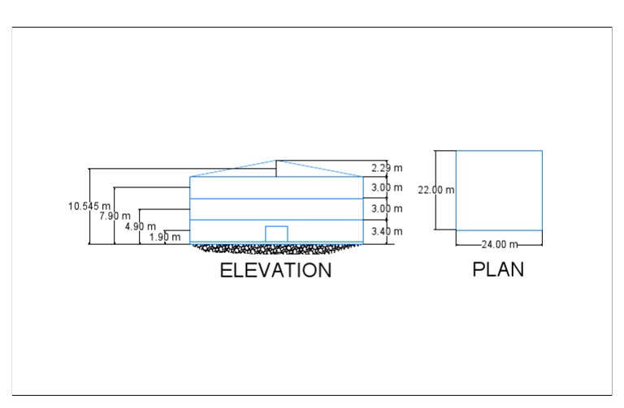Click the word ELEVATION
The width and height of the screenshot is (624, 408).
(x=275, y=271)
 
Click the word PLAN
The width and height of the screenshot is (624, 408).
(x=498, y=269)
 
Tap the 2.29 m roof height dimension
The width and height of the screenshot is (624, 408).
(x=387, y=169)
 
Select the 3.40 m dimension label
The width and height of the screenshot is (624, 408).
(x=387, y=232)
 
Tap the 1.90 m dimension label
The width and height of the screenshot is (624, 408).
(x=165, y=237)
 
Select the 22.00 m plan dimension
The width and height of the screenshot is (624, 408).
(x=436, y=190)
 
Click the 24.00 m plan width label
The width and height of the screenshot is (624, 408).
(x=499, y=244)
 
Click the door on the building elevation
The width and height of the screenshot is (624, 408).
(x=276, y=234)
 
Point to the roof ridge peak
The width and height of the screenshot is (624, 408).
(x=277, y=161)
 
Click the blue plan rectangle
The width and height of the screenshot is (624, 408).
(x=499, y=190)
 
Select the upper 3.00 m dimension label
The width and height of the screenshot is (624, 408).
(x=387, y=188)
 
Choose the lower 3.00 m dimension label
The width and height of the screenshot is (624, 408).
(x=387, y=209)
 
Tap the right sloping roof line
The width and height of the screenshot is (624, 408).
(x=320, y=169)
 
